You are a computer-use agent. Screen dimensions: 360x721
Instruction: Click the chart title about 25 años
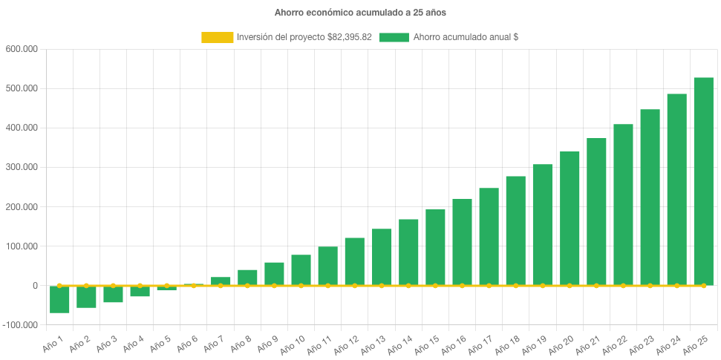[360, 13]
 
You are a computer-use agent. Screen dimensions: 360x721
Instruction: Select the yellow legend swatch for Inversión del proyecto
[216, 37]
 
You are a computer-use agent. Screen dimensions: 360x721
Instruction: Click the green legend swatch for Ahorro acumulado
[394, 37]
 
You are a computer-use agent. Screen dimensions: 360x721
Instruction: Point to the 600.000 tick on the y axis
[22, 49]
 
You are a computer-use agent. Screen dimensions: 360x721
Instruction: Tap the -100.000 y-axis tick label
[21, 325]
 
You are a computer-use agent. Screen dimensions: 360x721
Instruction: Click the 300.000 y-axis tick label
[22, 167]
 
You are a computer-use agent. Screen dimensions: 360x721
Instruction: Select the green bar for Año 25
[703, 181]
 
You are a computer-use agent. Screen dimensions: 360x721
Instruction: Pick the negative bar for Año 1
[59, 299]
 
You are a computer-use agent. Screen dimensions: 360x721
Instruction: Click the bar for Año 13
[382, 257]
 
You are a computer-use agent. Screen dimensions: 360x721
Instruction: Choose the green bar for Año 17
[489, 236]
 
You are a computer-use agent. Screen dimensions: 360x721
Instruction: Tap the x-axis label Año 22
[613, 342]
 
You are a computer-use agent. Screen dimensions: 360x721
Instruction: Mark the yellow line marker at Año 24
[676, 285]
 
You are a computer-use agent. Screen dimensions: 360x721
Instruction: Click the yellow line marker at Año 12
[354, 285]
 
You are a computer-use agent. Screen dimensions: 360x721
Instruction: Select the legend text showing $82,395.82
[304, 37]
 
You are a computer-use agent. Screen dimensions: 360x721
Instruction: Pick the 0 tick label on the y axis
[35, 286]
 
